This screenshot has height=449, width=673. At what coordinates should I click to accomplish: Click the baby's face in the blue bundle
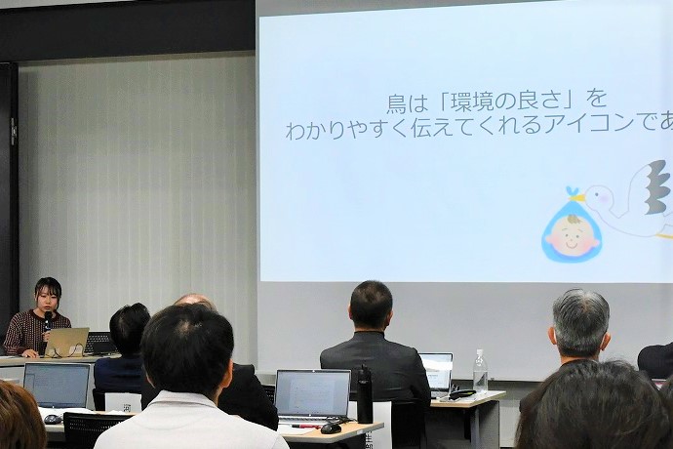[x=572, y=235]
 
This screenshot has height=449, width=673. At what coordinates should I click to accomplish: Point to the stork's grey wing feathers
[x=656, y=187]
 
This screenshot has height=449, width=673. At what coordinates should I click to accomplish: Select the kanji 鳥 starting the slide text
[x=395, y=101]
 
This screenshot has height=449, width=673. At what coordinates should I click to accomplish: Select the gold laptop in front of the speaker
[x=66, y=342]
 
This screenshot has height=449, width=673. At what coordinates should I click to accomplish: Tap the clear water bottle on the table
[x=480, y=371]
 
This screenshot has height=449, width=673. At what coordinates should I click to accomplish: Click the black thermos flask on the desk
[x=365, y=394]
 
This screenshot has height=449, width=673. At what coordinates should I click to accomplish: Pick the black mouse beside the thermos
[x=332, y=428]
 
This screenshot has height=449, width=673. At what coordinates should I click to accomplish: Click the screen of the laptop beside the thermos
[x=312, y=392]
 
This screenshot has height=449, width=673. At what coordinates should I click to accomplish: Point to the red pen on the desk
[x=304, y=426]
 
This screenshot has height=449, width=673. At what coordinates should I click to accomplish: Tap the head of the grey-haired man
[x=580, y=322]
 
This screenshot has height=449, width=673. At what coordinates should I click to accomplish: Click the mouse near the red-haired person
[x=52, y=419]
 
